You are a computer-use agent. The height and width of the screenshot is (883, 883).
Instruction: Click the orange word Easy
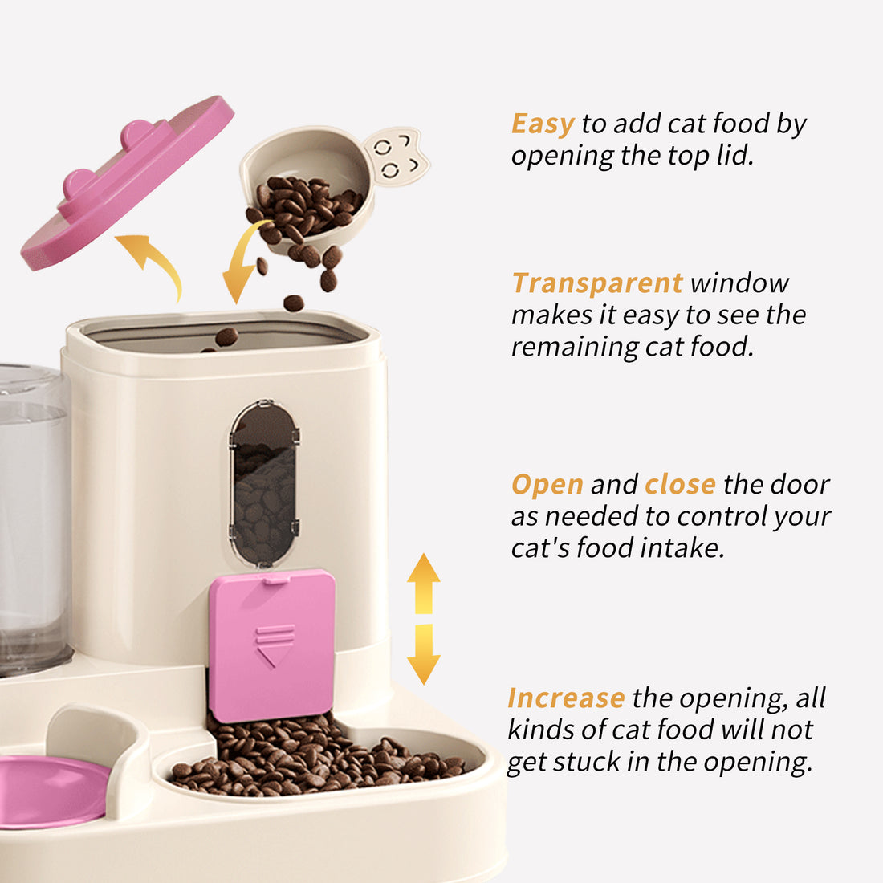tap(543, 124)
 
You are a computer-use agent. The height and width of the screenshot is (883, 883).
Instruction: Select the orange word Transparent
tap(597, 283)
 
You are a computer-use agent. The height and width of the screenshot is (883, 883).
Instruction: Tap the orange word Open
tap(547, 485)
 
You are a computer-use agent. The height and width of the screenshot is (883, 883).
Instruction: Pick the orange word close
tap(680, 485)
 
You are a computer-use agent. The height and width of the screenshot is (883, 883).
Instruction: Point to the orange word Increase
tap(566, 698)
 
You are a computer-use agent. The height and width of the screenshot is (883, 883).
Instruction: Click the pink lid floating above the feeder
tap(127, 184)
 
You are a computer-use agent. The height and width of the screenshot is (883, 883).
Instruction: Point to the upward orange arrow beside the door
tap(423, 581)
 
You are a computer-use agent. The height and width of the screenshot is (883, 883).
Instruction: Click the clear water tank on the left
tap(32, 522)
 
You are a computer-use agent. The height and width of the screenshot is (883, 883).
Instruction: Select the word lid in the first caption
tap(734, 156)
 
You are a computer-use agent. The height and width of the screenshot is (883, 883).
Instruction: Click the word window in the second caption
tap(739, 283)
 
